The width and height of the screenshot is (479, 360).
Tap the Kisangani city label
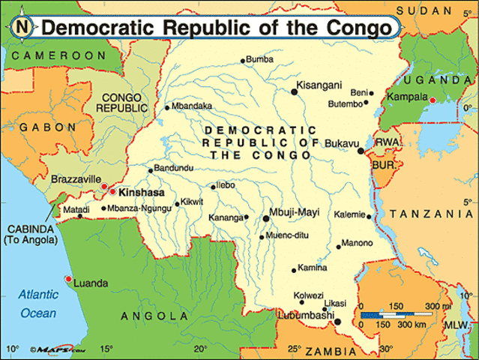coord(320,84)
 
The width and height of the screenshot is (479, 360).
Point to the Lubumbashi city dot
coord(337,322)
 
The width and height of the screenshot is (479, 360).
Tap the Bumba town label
coord(260,59)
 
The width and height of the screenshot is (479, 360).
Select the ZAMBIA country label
coord(330,349)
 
